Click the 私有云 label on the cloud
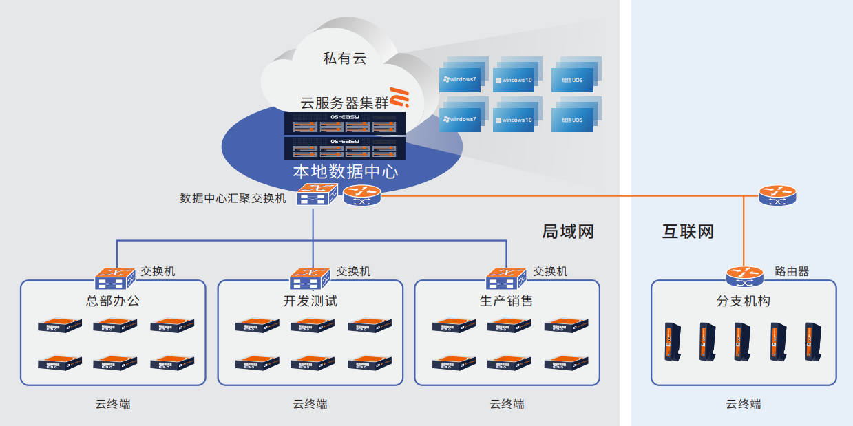(x=344, y=58)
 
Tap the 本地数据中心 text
(x=345, y=171)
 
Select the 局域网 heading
(x=567, y=231)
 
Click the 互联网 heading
(x=688, y=231)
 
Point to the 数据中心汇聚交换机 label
(x=233, y=198)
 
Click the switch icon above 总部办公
(x=114, y=279)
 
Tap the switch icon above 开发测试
(x=310, y=279)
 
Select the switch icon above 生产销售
(x=507, y=279)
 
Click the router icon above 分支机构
(x=745, y=277)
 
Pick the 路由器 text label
(x=792, y=271)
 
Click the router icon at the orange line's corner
(x=777, y=195)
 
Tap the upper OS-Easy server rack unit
(x=345, y=123)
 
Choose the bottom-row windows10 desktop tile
(x=514, y=120)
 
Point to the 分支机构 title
(x=744, y=301)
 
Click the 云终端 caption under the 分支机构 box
(x=744, y=404)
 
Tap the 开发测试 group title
(x=310, y=301)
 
